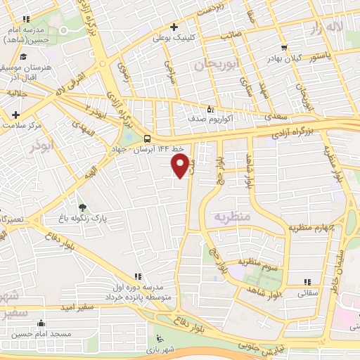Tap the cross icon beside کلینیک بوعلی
click(x=174, y=27)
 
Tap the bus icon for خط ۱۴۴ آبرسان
click(x=148, y=139)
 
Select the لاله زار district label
click(x=328, y=27)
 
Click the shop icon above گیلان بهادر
click(x=283, y=48)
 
